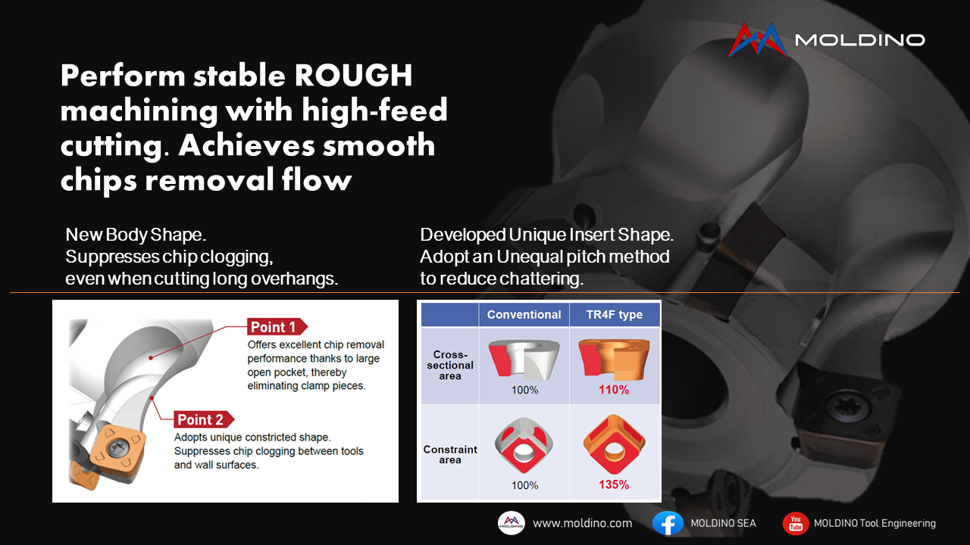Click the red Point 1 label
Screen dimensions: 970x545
(x=277, y=327)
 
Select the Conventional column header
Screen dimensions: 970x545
(x=524, y=314)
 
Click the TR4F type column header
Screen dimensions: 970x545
(x=615, y=314)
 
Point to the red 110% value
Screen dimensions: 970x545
(x=614, y=390)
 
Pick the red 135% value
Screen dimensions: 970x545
(x=614, y=484)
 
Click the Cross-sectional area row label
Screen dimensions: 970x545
(x=450, y=365)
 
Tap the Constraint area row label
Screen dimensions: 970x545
(x=450, y=455)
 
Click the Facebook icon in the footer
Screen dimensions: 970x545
(x=668, y=523)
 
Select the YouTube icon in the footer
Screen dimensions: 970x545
(x=796, y=523)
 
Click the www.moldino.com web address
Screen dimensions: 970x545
(x=583, y=523)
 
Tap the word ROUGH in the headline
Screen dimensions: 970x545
(x=353, y=75)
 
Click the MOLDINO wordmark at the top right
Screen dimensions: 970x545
(x=859, y=40)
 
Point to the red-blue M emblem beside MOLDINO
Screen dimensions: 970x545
(x=758, y=40)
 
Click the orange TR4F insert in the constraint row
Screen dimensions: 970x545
(x=614, y=444)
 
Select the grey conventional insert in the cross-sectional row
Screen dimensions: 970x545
(x=524, y=359)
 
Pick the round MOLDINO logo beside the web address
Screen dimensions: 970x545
(x=512, y=523)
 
